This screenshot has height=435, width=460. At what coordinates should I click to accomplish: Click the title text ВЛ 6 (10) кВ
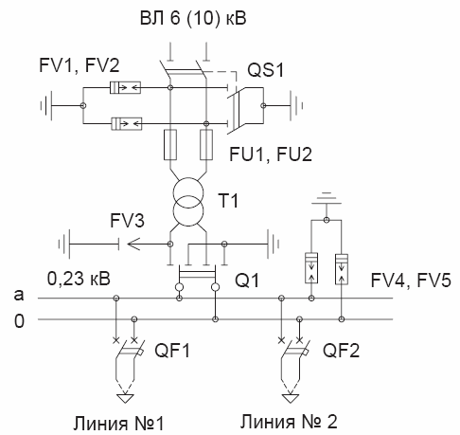(193, 18)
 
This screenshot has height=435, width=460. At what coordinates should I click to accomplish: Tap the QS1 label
(266, 69)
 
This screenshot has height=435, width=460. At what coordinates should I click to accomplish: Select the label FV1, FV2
(80, 65)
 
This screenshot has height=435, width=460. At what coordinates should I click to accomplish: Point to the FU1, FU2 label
(271, 154)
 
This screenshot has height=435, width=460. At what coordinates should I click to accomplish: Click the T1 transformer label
(228, 200)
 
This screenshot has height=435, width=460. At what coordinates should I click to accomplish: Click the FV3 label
(127, 220)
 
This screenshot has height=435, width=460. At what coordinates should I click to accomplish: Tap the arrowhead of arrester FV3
(133, 244)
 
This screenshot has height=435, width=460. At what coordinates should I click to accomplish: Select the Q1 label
(247, 280)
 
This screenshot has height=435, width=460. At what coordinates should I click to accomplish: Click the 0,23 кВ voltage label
(79, 279)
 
